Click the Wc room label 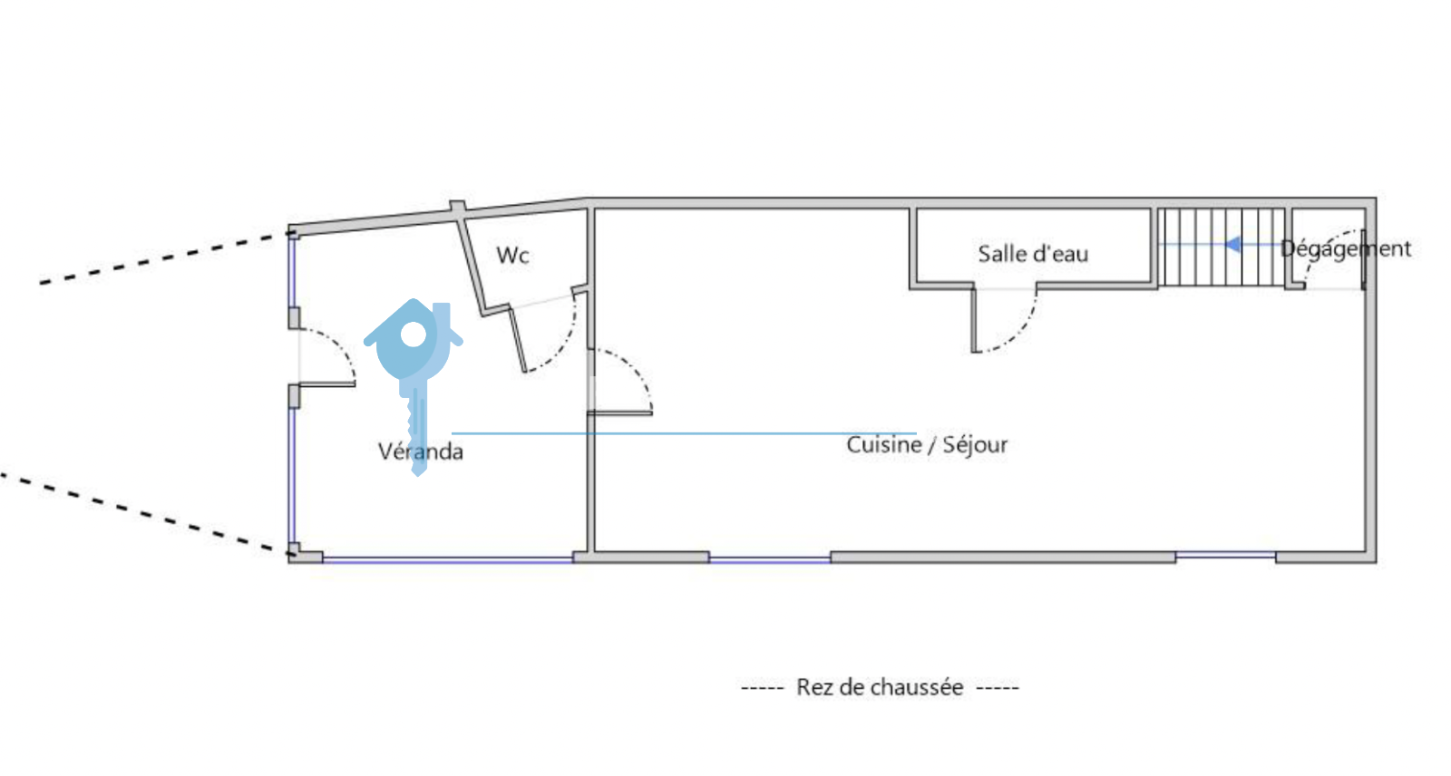(x=512, y=256)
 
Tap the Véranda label (x=420, y=451)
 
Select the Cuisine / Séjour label (x=927, y=444)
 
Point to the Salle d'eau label (x=1032, y=254)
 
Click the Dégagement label (x=1346, y=248)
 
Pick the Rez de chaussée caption (x=880, y=687)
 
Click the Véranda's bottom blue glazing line (x=449, y=560)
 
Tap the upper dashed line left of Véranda (x=163, y=259)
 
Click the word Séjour (x=975, y=444)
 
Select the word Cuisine (x=883, y=444)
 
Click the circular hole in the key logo (x=414, y=335)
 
